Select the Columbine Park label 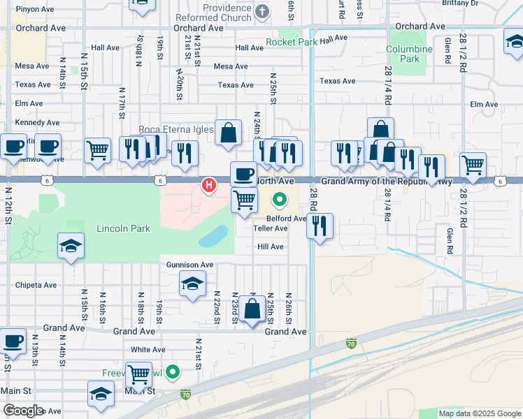(410, 54)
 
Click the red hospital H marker (208, 185)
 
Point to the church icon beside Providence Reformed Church (263, 11)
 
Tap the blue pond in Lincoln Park (214, 237)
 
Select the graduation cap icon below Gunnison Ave (192, 284)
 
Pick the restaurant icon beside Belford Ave (319, 225)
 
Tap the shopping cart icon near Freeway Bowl (138, 374)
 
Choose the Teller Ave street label (271, 228)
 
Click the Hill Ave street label (271, 247)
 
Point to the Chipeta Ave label (36, 285)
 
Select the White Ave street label (148, 349)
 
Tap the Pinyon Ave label (35, 10)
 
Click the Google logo (22, 411)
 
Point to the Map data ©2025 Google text (479, 413)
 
